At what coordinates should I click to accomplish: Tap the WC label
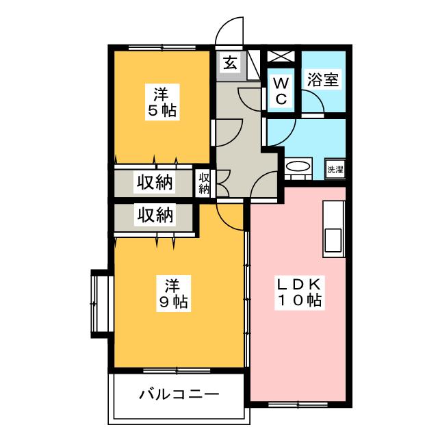click(283, 90)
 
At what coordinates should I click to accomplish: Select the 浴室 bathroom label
click(322, 79)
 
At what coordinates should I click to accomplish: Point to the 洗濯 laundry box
click(335, 170)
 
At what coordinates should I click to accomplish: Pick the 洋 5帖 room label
click(162, 102)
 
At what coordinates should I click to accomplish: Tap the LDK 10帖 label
click(300, 292)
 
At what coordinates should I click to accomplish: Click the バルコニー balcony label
click(179, 395)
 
